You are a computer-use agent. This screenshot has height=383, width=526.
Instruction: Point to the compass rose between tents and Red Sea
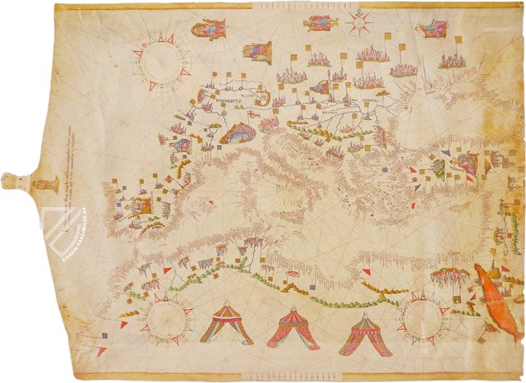424,317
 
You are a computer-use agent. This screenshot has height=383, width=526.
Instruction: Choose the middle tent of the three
293,328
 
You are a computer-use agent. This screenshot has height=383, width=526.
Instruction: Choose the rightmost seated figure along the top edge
431,29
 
